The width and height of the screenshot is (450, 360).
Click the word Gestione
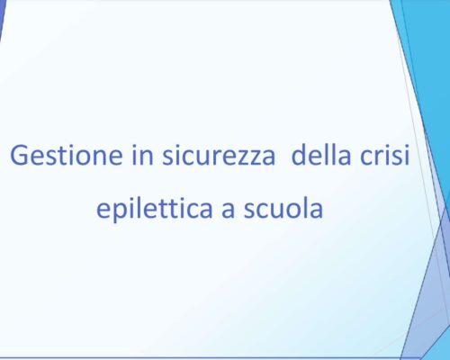coord(67,155)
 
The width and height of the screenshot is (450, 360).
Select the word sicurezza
coord(219,155)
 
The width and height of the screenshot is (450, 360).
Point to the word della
coord(320,154)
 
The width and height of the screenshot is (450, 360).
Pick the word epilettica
coord(155,208)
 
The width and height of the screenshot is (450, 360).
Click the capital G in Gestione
coord(20,155)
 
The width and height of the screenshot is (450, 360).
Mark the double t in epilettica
coord(173,208)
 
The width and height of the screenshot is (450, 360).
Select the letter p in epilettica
coord(120,212)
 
